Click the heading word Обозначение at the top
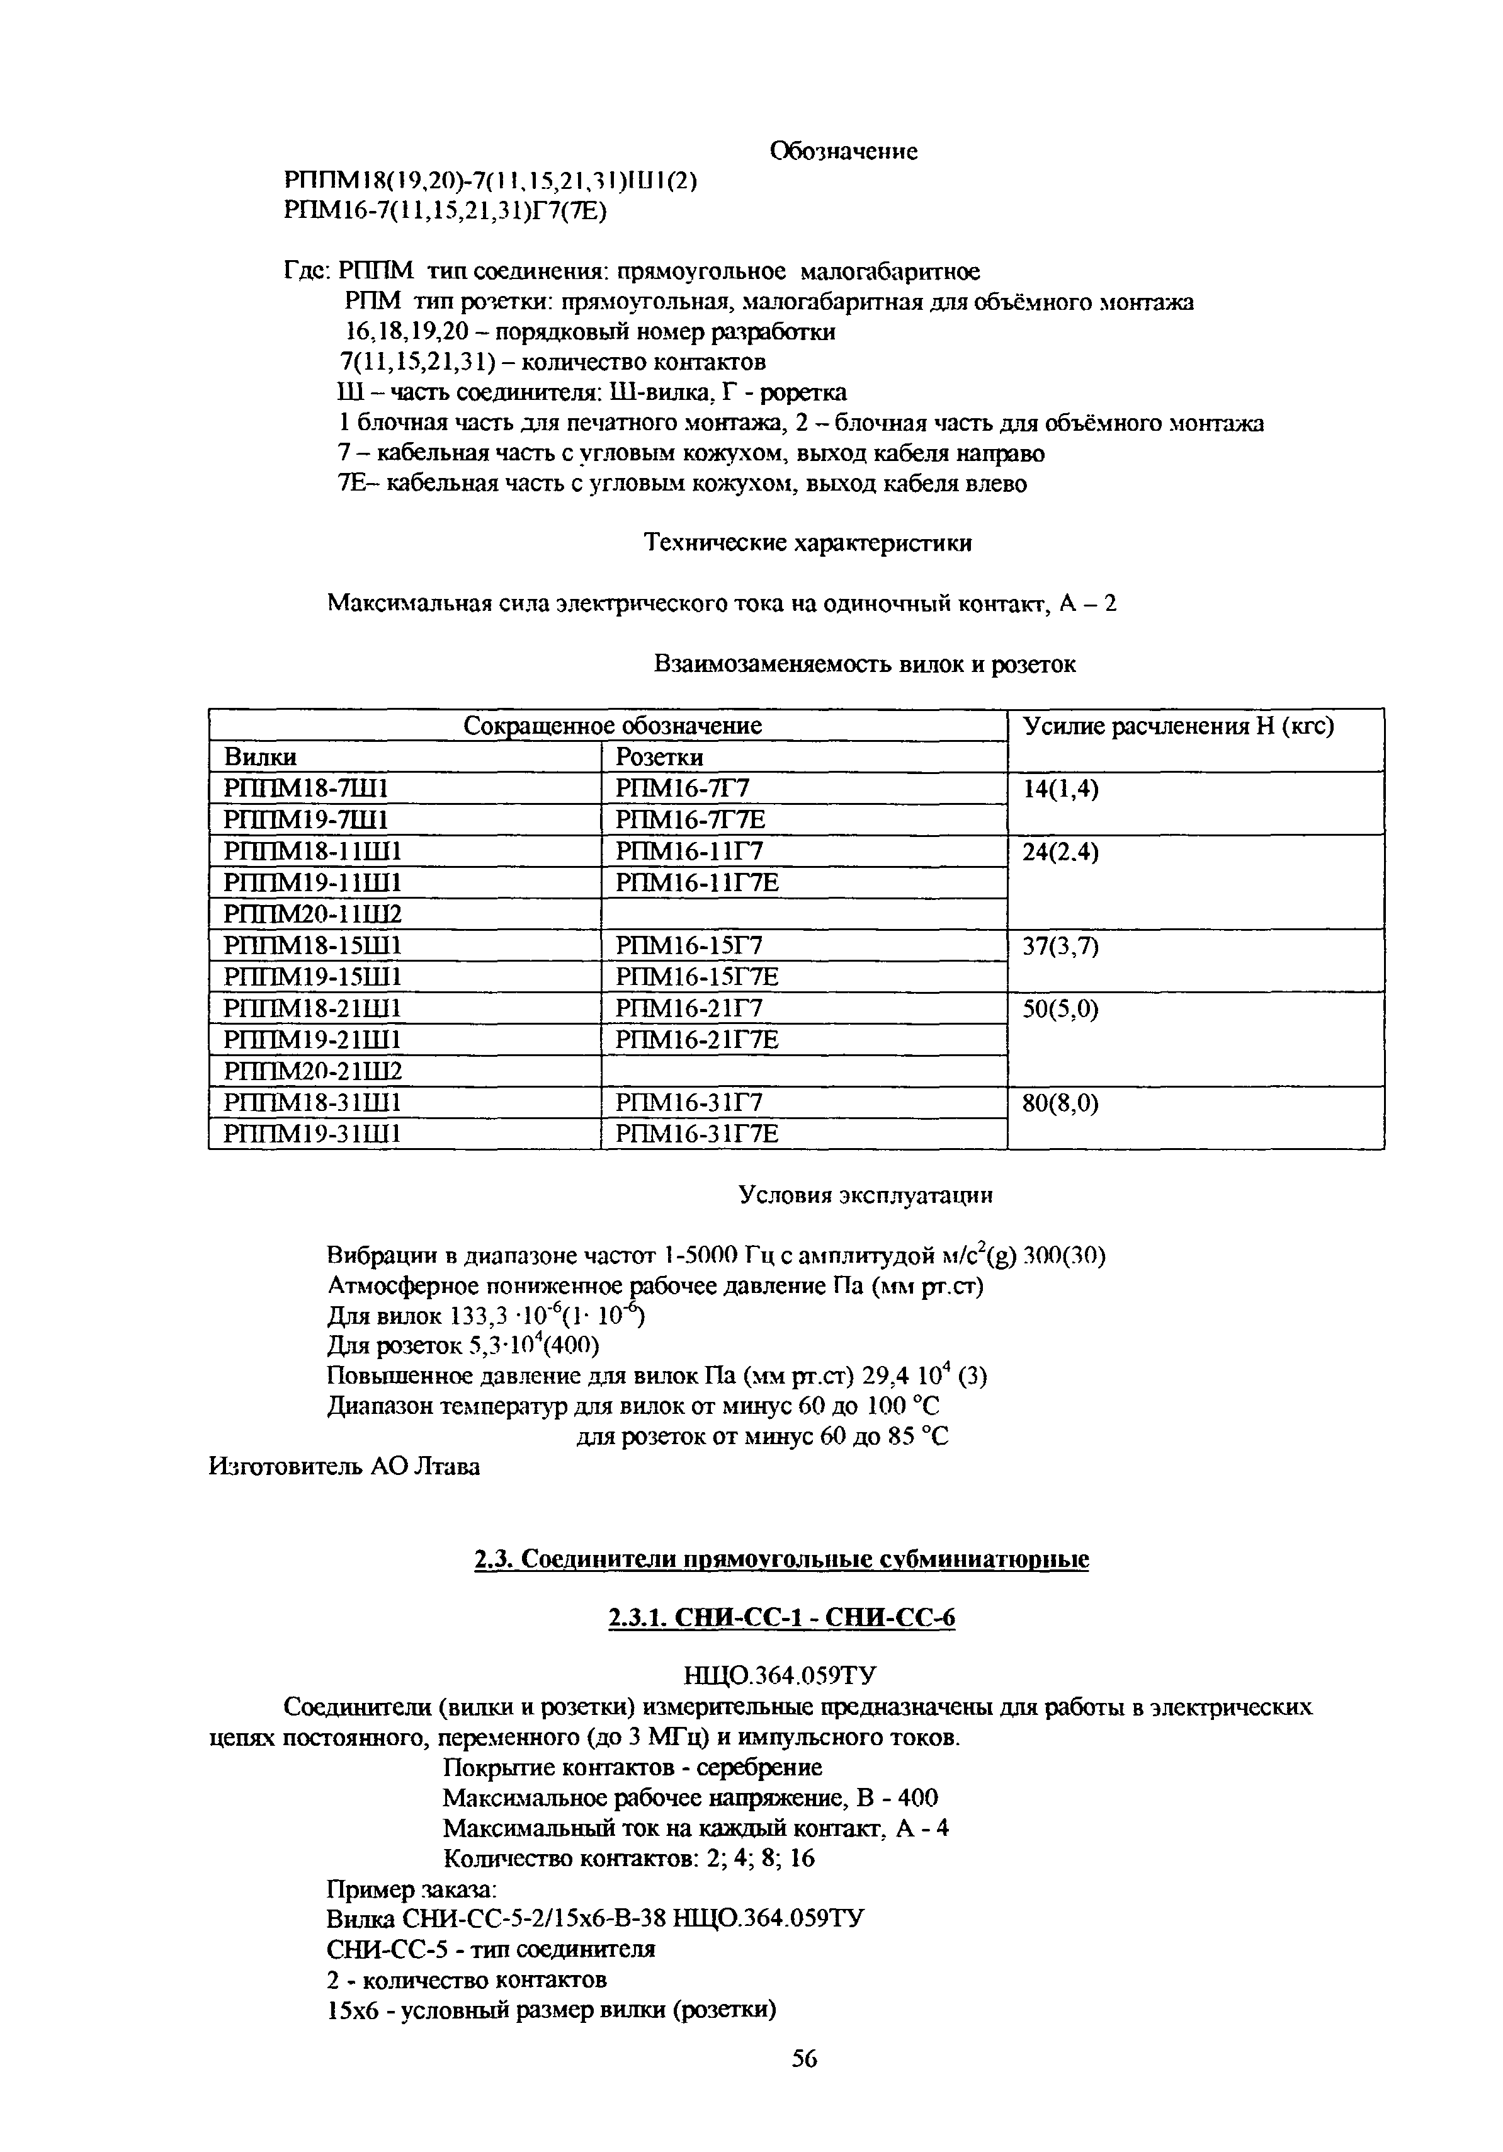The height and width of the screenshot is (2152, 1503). pyautogui.click(x=842, y=151)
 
